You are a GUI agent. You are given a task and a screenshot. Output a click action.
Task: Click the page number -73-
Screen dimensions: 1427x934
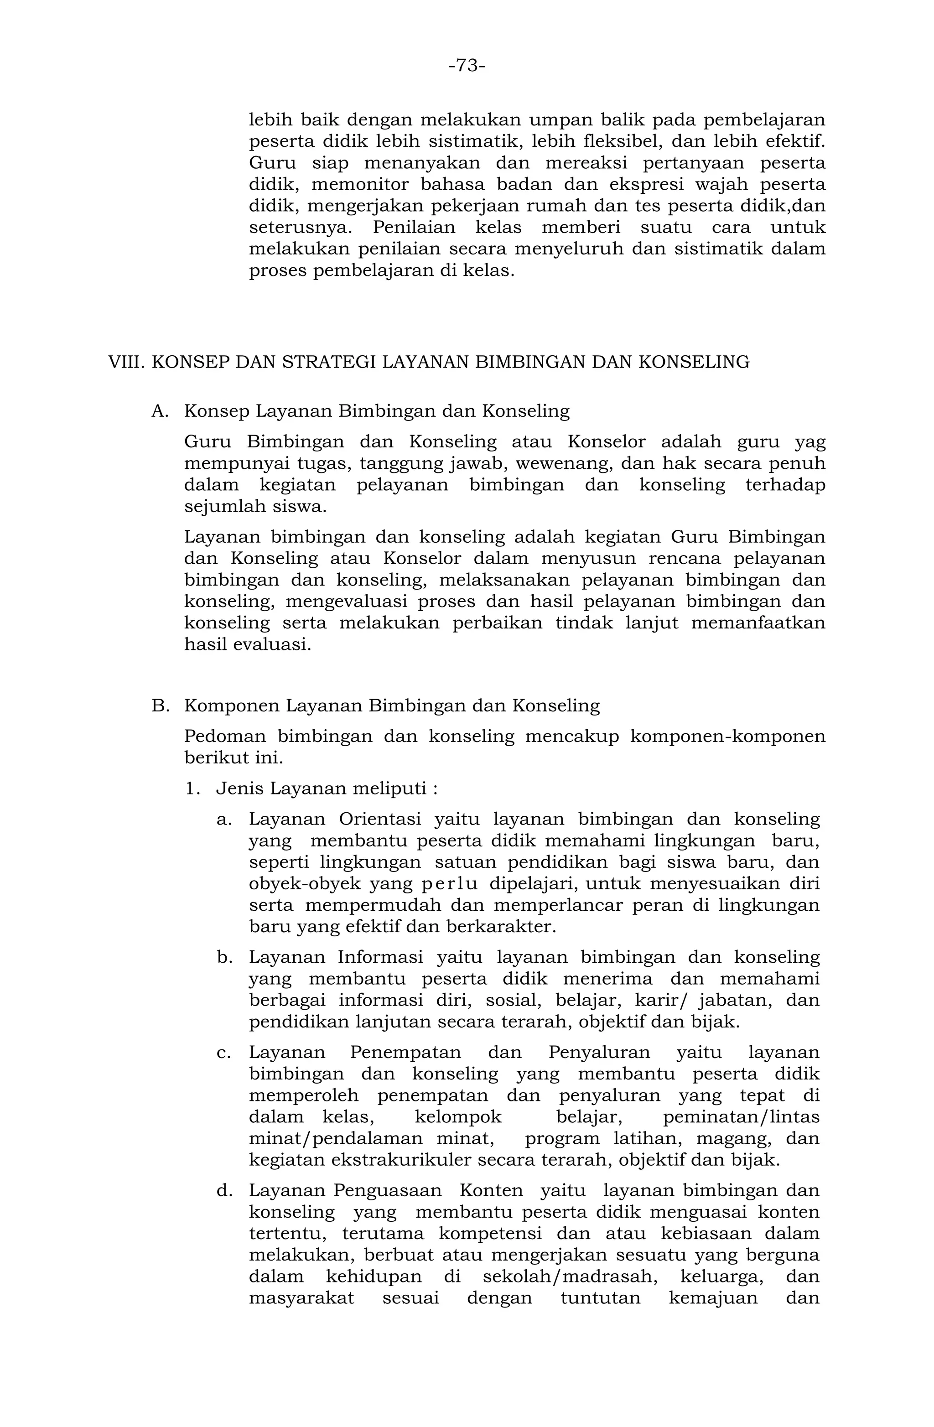pos(467,65)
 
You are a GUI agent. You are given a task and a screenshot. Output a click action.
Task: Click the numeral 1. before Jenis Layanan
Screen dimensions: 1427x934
pos(193,789)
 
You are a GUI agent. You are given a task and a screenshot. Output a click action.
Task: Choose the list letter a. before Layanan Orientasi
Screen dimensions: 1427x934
pos(224,820)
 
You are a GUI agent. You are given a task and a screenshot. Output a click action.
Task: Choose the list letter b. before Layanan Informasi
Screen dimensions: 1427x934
pos(224,958)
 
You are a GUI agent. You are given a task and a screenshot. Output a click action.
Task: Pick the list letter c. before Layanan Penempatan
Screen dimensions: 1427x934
pos(224,1052)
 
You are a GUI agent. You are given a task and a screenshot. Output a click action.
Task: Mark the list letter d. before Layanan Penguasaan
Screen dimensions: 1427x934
pos(224,1190)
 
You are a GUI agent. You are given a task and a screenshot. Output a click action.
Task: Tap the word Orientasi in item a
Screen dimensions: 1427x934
pos(379,820)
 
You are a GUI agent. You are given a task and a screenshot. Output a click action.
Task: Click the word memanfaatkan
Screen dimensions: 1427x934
pos(758,623)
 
